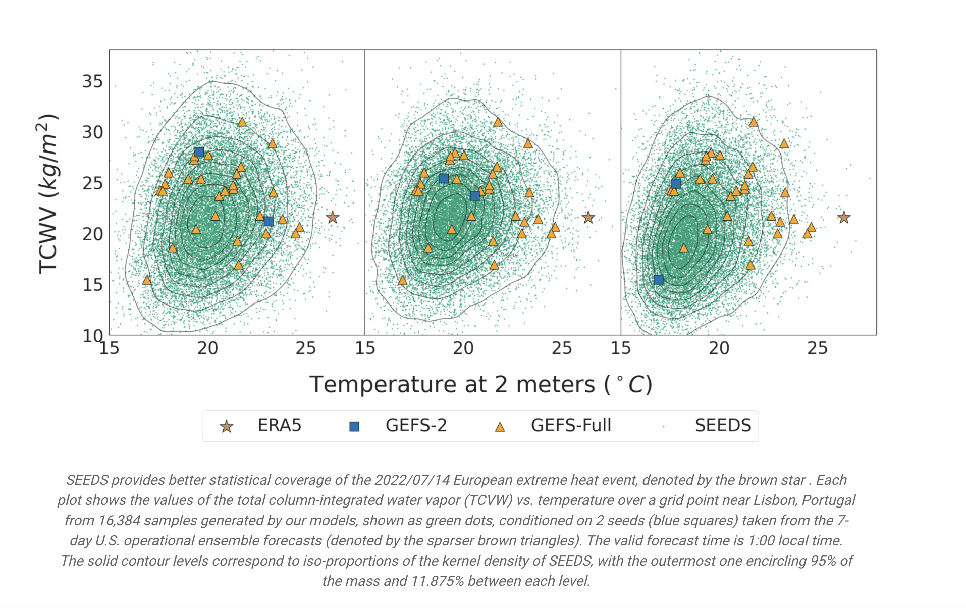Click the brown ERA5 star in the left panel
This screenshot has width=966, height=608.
point(332,218)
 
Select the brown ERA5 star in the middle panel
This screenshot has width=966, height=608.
point(588,218)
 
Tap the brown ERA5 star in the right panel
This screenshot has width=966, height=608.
point(844,218)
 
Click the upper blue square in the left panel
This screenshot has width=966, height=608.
point(199,153)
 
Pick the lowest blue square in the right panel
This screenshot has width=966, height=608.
point(659,280)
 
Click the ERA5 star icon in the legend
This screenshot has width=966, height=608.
point(227,427)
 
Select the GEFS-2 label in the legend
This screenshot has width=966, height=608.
point(416,425)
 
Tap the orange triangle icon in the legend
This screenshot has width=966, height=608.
point(500,427)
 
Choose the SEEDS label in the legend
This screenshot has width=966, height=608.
point(723,425)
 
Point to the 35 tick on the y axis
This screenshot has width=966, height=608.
point(93,81)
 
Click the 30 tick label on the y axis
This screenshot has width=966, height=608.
point(93,132)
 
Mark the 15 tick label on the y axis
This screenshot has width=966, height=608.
point(93,285)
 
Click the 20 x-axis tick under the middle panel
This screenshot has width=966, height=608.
point(463,348)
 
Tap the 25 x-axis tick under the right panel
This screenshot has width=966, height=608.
point(817,348)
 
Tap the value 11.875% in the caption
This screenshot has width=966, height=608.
point(438,581)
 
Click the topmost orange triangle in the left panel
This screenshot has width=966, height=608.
point(242,122)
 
